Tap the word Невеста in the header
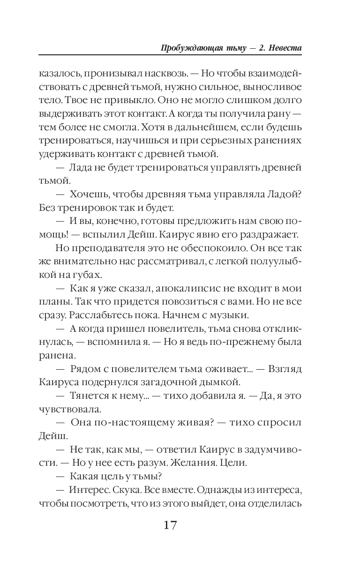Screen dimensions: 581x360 pos(284,49)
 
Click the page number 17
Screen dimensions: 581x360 pos(170,524)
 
